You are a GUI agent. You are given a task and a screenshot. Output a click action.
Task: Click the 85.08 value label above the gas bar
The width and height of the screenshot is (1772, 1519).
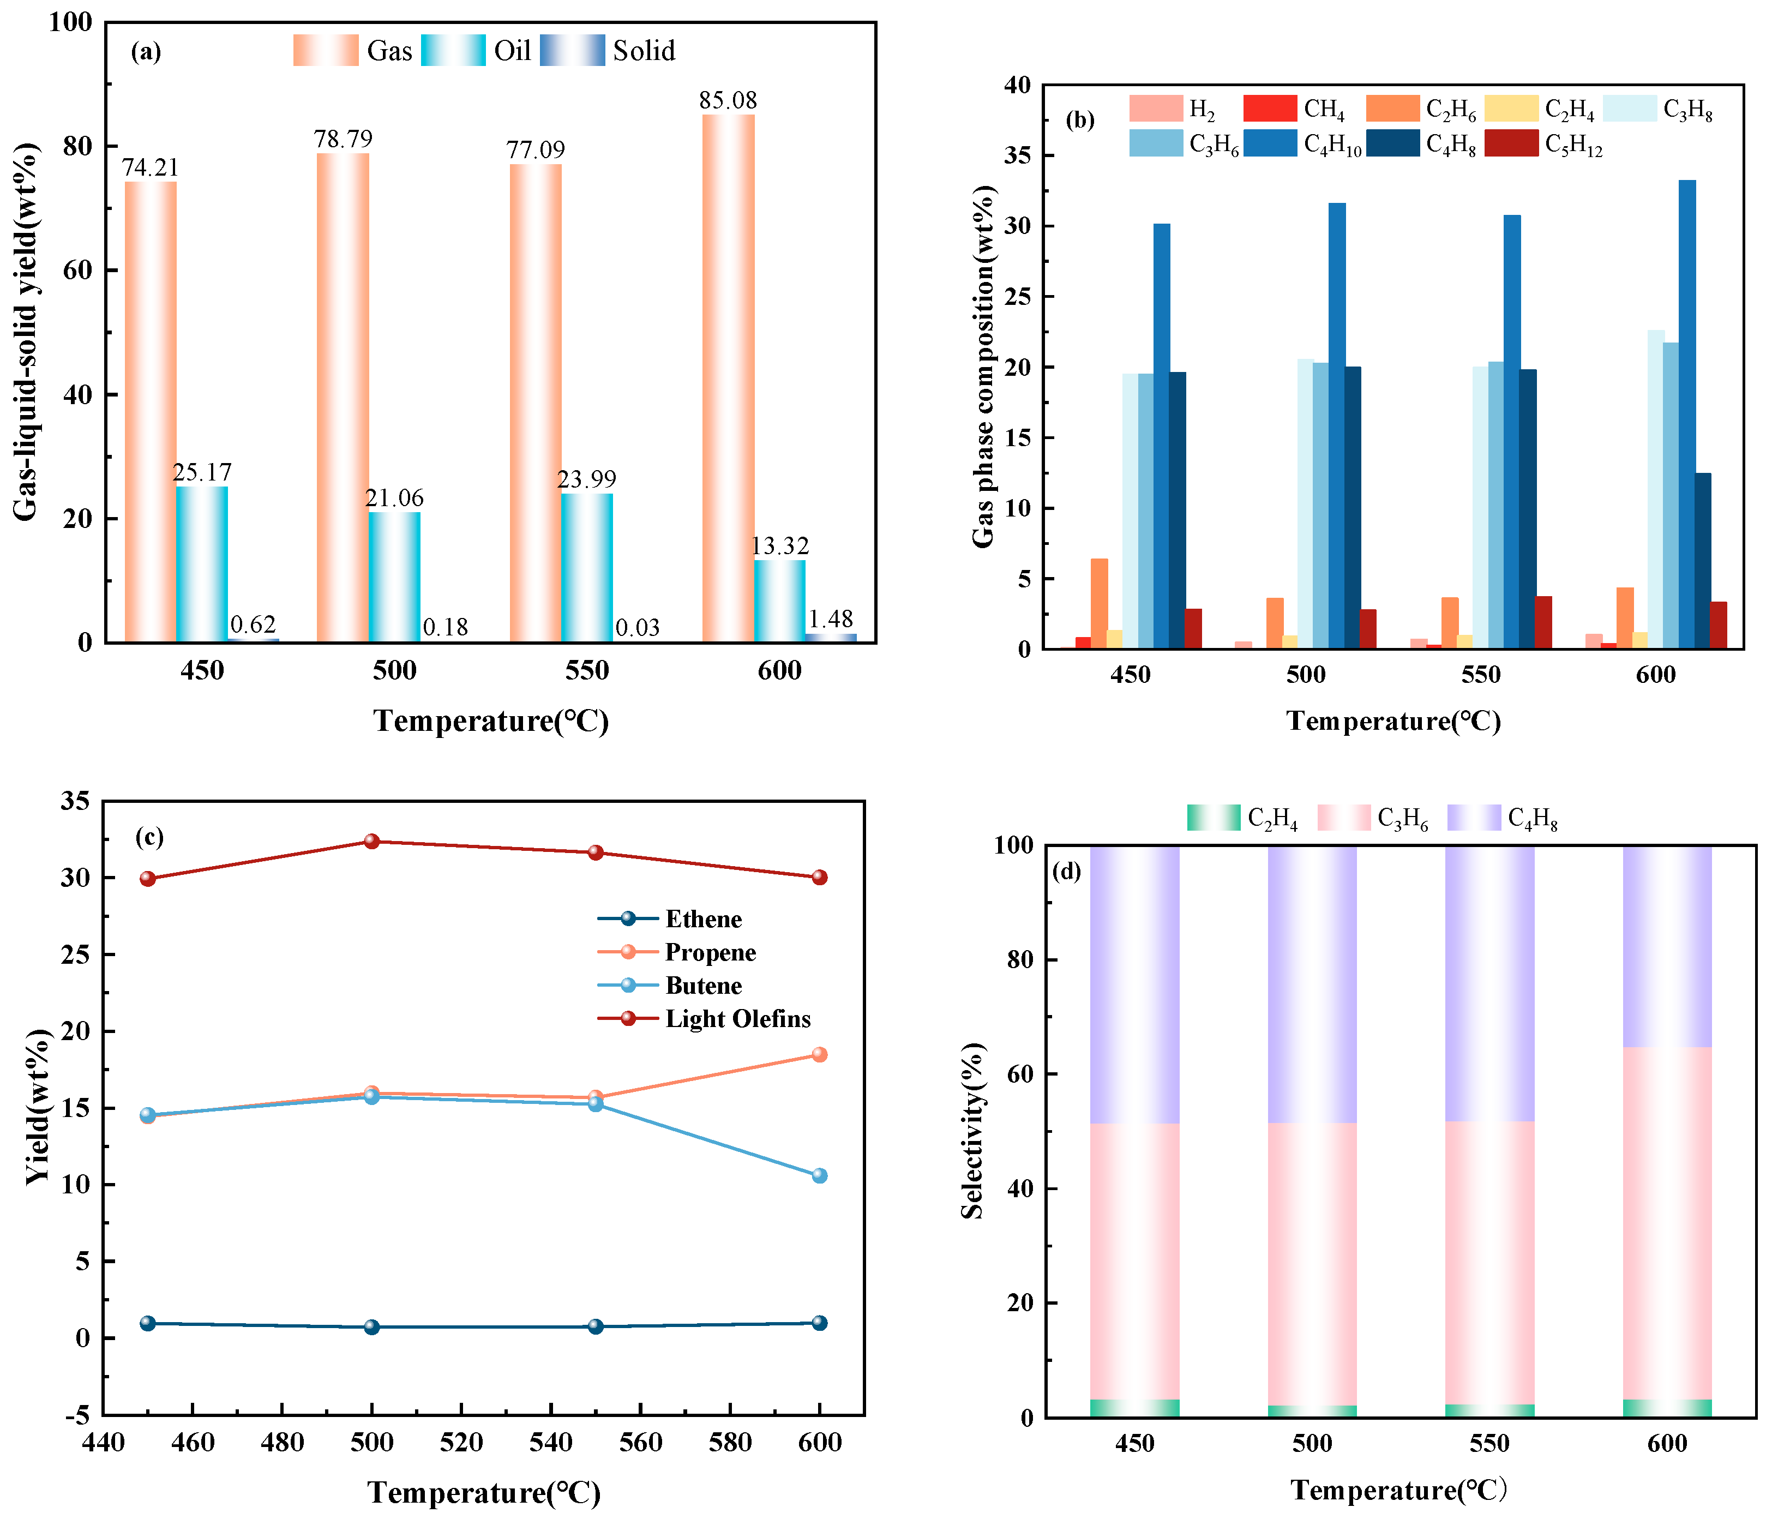pos(728,100)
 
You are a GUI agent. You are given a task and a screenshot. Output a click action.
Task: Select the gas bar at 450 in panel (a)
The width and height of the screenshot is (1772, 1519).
pos(151,411)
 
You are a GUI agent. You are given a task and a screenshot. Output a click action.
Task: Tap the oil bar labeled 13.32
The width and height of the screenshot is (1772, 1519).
pos(779,601)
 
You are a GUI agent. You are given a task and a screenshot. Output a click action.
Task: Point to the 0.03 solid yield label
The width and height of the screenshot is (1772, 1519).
pos(637,628)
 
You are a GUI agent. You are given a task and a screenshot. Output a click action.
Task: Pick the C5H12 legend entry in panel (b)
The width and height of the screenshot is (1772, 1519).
pos(1543,145)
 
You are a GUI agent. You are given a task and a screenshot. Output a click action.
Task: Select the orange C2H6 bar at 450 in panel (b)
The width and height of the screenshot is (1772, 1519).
pos(1099,603)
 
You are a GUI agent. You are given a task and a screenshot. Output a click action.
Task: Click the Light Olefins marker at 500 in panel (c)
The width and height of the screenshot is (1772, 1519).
pos(372,842)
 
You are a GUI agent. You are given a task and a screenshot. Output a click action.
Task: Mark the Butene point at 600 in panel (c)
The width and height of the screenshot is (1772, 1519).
pos(819,1175)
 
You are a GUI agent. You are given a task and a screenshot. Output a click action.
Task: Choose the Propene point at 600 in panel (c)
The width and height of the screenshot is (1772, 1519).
pos(819,1055)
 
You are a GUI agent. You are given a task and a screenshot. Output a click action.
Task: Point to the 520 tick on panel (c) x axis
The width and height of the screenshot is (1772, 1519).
pos(461,1443)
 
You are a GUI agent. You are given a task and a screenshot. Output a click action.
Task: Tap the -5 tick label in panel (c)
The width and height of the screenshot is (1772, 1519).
pos(77,1415)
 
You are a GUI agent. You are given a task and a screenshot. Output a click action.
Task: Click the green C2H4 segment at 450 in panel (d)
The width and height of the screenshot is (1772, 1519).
pos(1135,1407)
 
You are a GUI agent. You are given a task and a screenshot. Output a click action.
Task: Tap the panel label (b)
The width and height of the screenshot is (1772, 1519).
pos(1080,120)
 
